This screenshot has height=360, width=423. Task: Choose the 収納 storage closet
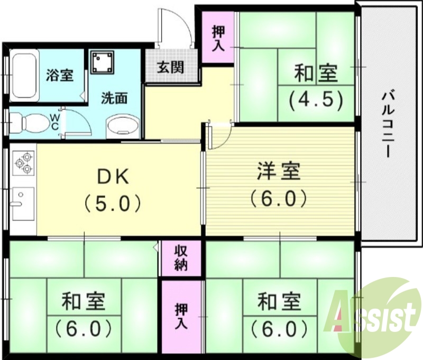[x=181, y=258]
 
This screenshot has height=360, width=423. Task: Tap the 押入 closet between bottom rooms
[x=181, y=316]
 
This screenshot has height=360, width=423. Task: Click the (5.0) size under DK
[x=112, y=202]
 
